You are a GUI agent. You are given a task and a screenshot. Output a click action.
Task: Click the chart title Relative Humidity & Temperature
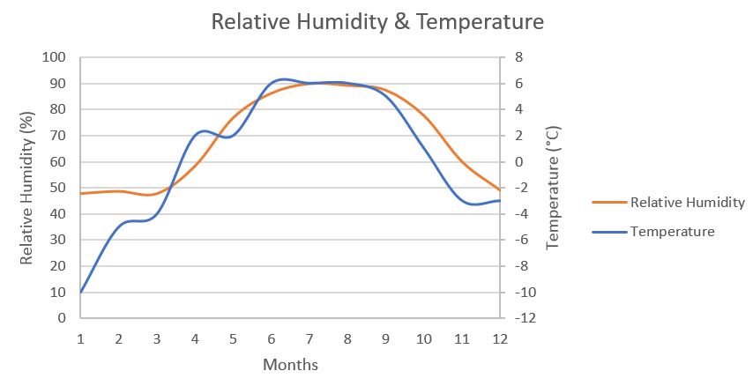point(377,21)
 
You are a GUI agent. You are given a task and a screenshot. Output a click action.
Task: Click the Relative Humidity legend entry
point(687,203)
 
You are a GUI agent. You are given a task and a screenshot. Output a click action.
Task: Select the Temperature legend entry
point(671,232)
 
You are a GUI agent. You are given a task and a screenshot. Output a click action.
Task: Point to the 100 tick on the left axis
point(56,57)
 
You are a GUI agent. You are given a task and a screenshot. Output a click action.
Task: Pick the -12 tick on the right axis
point(522,318)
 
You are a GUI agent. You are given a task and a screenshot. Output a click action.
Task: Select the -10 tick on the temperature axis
point(522,292)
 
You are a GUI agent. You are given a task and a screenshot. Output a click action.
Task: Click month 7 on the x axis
point(309,339)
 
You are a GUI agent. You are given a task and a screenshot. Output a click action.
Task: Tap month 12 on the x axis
point(500,339)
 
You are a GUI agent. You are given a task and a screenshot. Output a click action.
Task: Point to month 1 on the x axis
point(81,339)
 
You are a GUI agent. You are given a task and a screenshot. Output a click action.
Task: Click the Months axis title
point(290,364)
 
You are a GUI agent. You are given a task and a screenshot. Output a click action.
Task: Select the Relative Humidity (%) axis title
point(27,188)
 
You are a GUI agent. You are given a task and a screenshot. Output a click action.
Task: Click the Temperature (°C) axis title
point(554,188)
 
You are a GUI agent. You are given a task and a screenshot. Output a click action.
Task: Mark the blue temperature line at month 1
point(81,291)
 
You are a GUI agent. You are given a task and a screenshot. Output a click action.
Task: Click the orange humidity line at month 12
point(500,189)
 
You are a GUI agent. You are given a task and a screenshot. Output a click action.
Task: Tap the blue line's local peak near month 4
point(204,131)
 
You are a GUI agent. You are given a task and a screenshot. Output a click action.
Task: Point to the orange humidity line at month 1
point(81,193)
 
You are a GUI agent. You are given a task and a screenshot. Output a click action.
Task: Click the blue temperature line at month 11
point(462,200)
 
